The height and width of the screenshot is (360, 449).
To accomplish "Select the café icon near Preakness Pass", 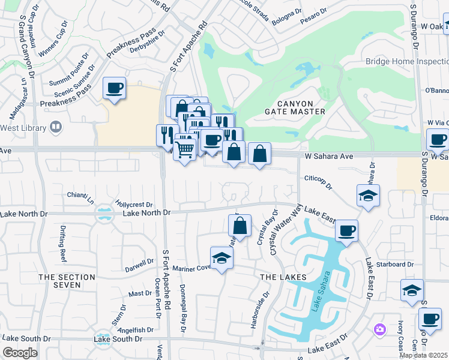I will [114, 89].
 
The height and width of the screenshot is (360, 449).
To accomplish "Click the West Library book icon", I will [55, 127].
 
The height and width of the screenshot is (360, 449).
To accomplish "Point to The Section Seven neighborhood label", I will [67, 281].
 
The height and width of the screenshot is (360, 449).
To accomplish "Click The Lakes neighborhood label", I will [283, 277].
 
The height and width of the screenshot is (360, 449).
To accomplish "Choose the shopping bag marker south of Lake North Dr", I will [240, 226].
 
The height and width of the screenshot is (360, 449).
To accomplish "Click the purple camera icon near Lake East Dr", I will [379, 329].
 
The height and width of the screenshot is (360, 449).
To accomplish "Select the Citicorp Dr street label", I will [318, 182].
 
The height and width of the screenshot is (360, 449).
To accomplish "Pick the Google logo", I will [20, 352].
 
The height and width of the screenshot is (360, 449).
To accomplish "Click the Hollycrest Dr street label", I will [134, 205].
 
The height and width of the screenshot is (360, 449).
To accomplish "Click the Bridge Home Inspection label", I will [406, 62].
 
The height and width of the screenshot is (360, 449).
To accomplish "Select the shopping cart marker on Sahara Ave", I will [185, 148].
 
